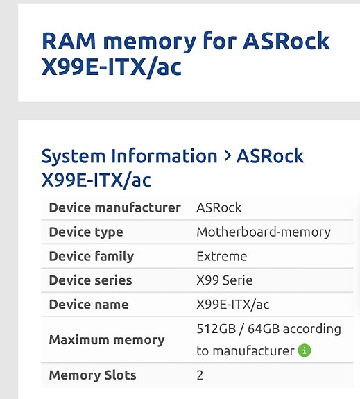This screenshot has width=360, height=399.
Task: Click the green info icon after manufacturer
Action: [x=305, y=350]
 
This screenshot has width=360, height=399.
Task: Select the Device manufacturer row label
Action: [x=114, y=207]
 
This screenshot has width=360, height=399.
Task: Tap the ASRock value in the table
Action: [x=218, y=207]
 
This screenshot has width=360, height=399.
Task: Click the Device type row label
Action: [x=86, y=232]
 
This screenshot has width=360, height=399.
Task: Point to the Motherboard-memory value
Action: [x=264, y=232]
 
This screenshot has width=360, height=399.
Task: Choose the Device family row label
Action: [x=92, y=256]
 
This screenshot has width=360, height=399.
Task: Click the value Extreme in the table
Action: [x=221, y=256]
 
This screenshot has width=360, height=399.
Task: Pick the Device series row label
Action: [x=90, y=280]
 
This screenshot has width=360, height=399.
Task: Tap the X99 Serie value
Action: [x=225, y=280]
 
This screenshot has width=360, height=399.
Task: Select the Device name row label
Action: [x=89, y=305]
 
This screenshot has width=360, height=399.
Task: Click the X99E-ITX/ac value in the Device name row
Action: [x=233, y=305]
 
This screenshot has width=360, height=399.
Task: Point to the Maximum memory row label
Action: [x=107, y=340]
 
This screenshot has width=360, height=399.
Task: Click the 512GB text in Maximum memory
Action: [x=216, y=328]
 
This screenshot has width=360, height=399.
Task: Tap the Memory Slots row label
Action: [x=93, y=375]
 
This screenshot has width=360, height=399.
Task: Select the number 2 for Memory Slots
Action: [x=200, y=375]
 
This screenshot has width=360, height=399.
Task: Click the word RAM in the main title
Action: [x=69, y=41]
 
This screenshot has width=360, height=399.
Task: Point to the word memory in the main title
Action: [x=150, y=43]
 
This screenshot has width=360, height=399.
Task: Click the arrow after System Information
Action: [x=228, y=156]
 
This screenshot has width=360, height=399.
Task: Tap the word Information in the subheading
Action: [x=164, y=155]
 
